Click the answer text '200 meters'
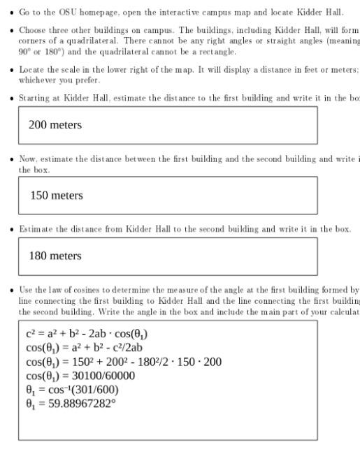(55, 125)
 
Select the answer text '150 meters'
(57, 196)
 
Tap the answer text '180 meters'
(55, 256)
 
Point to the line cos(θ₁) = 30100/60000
(80, 376)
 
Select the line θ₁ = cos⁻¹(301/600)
(72, 390)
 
